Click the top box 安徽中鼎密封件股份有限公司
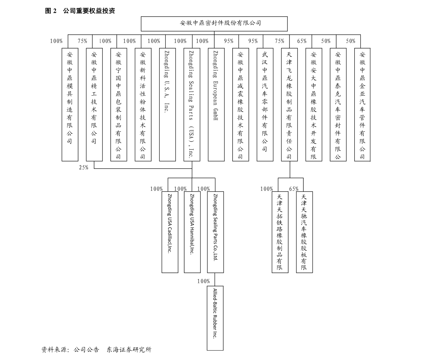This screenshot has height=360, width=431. click(214, 24)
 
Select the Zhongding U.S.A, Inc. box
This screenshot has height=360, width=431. click(168, 105)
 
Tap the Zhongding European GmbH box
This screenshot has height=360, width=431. click(216, 105)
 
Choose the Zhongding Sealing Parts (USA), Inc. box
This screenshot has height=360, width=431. click(192, 105)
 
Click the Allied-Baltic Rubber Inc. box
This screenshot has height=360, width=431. click(215, 318)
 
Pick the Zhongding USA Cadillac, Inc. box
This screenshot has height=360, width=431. click(170, 232)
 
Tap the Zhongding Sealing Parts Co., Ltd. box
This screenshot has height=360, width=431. click(215, 232)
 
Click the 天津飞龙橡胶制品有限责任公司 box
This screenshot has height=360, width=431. click(290, 105)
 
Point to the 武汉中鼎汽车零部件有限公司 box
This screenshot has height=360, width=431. click(265, 105)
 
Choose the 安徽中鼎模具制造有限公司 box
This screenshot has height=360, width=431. click(70, 105)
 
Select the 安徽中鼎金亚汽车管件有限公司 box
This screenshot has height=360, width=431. click(362, 105)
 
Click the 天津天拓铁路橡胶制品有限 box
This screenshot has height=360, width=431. click(280, 232)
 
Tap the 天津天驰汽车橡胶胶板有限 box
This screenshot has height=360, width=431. click(304, 232)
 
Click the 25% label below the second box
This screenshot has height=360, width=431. click(84, 167)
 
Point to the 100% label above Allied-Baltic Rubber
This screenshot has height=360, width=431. click(204, 281)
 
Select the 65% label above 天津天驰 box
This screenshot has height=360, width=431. click(294, 189)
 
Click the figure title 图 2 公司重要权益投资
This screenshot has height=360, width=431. click(80, 11)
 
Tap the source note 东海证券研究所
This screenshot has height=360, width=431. click(129, 349)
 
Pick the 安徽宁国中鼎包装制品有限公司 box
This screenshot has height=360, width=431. click(119, 105)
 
